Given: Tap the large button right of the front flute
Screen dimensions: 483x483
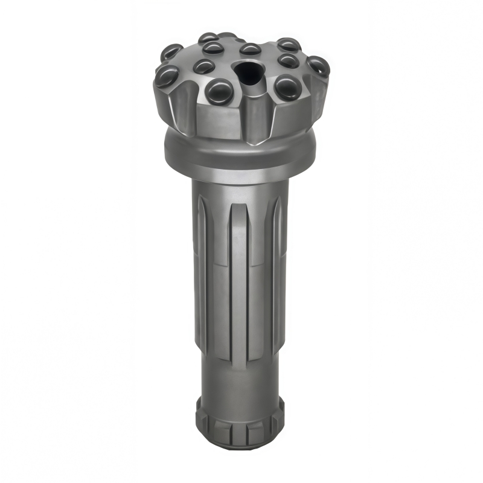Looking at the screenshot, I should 287,88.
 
